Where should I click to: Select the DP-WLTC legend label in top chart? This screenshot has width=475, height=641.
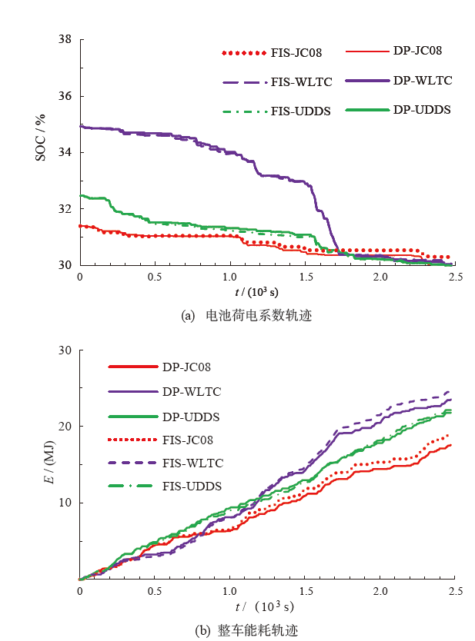[x=422, y=80]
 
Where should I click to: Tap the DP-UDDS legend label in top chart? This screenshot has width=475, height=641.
[x=422, y=110]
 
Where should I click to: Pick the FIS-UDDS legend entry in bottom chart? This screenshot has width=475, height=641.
[x=192, y=487]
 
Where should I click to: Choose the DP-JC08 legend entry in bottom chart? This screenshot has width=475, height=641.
[x=191, y=367]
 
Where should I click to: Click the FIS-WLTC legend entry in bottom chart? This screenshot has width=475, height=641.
[x=192, y=463]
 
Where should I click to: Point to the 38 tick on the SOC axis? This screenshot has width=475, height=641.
[x=65, y=40]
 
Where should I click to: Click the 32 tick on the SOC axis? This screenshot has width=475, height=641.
[x=65, y=209]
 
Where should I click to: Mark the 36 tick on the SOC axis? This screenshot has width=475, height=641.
[x=65, y=97]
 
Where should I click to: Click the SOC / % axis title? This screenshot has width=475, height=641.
[x=40, y=138]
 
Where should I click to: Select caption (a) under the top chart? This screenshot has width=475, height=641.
[x=246, y=315]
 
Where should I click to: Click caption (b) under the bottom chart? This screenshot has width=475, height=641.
[x=246, y=630]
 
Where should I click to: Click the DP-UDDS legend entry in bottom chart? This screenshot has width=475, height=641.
[x=191, y=416]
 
